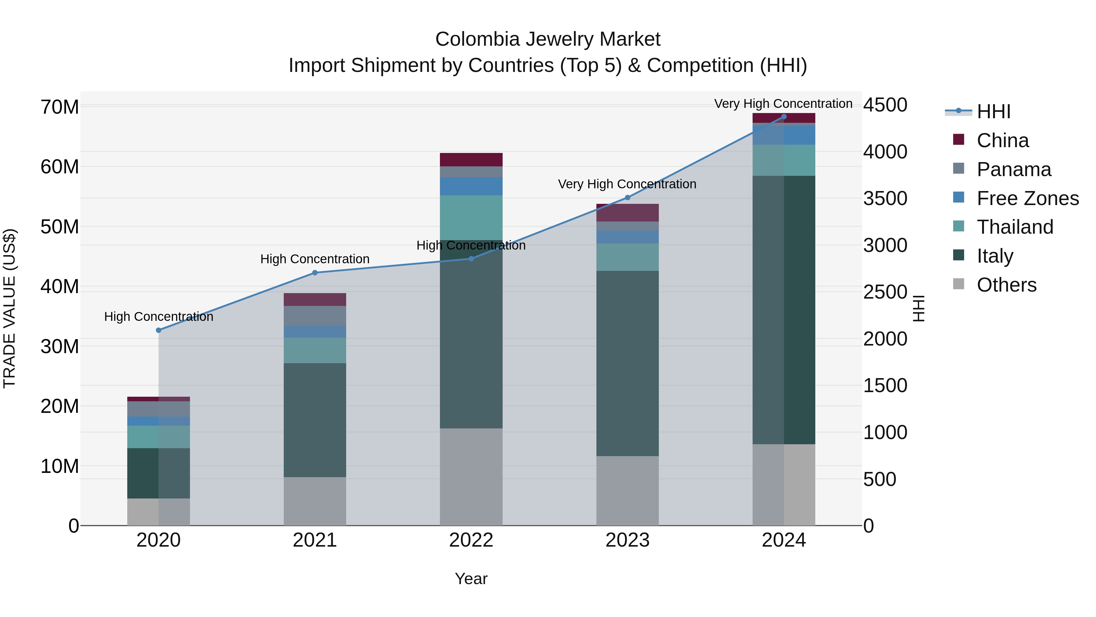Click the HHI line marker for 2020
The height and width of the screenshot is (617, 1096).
coord(159,330)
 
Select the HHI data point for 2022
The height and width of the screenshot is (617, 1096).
coord(471,258)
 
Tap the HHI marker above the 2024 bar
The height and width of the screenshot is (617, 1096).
coord(784,117)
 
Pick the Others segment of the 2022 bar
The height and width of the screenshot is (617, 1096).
coord(471,477)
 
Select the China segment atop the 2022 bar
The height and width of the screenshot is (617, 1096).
coord(471,160)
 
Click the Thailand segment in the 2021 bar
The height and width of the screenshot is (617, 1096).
coord(315,350)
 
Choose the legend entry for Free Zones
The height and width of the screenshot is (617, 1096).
coord(1027,198)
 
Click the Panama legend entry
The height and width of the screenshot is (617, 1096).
coord(1013,169)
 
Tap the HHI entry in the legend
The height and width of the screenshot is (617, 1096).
coord(993,112)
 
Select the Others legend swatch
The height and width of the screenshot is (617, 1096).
coord(959,284)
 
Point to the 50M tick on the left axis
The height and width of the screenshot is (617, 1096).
coord(60,226)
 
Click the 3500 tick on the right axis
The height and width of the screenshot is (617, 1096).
coord(885,198)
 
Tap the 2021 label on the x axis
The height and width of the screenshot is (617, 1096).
coord(315,540)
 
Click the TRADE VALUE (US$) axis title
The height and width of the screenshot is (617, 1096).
coord(9,308)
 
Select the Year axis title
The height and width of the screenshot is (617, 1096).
coord(471,579)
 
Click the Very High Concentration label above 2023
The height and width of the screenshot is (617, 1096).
coord(627,184)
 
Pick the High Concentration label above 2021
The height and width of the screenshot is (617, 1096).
coord(315,259)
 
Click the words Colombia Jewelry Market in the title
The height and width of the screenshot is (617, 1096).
coord(548,39)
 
